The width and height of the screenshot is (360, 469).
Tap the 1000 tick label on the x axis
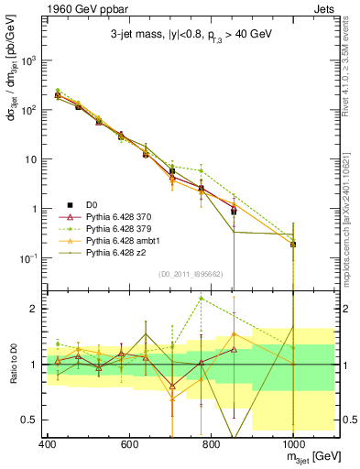click(x=292, y=442)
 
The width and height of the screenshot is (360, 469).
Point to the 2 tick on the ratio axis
click(x=33, y=309)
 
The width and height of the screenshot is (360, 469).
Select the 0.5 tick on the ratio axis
click(x=30, y=420)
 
